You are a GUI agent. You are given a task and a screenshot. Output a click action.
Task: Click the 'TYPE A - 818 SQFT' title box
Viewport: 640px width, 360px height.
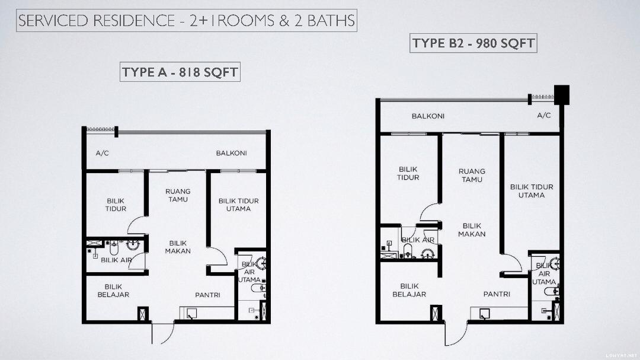(180, 72)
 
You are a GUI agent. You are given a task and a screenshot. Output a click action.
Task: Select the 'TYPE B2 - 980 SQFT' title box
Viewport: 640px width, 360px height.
(473, 43)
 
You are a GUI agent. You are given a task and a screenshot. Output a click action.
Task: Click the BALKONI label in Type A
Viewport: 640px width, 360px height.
(232, 153)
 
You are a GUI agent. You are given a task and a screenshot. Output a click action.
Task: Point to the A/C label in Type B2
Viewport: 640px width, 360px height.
(543, 115)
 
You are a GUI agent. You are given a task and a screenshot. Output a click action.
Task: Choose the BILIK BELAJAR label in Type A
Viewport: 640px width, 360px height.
(113, 291)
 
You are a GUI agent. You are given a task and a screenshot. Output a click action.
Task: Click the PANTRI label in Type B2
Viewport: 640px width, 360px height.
(497, 294)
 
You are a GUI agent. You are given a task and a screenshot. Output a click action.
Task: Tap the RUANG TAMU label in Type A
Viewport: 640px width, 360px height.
(178, 195)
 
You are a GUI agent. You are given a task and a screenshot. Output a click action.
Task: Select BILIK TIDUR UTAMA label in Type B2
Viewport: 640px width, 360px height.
(532, 191)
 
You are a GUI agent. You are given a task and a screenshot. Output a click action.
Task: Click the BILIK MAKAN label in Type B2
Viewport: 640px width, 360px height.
(472, 230)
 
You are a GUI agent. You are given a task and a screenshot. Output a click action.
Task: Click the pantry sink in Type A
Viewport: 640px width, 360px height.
(191, 313)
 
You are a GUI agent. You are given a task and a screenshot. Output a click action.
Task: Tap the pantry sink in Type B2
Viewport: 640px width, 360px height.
(484, 314)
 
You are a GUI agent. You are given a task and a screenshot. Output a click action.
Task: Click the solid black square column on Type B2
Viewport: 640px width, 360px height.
(561, 95)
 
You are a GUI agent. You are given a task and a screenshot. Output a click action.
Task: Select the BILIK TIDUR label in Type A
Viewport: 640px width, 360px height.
(116, 205)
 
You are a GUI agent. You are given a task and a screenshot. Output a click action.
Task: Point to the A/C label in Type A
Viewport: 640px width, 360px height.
(102, 153)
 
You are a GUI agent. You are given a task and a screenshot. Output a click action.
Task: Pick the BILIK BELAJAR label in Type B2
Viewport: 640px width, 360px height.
(409, 290)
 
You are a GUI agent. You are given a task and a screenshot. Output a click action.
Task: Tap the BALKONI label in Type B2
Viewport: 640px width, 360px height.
(428, 116)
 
